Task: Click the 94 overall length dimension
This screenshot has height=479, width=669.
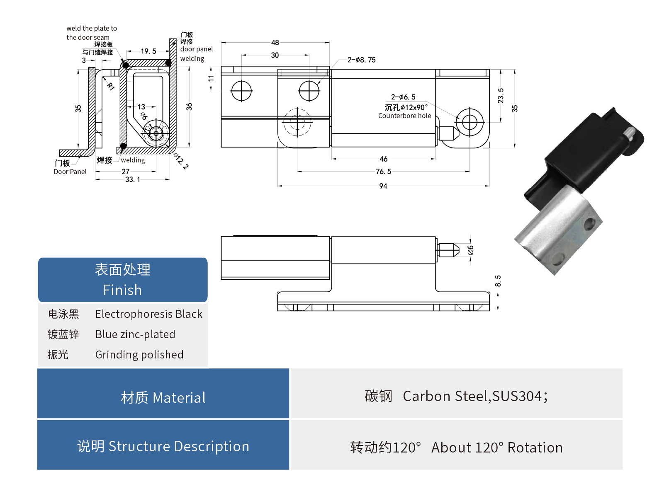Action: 383,186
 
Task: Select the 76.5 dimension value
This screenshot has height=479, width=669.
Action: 383,172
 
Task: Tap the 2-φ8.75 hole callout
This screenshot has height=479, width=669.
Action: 361,60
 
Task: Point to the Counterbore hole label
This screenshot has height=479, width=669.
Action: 404,116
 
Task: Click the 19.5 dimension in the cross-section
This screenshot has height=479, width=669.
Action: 148,51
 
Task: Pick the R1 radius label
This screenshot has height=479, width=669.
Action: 111,86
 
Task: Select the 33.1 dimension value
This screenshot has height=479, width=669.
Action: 133,179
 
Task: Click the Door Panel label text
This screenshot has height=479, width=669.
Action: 70,172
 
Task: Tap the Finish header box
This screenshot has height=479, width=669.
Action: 123,280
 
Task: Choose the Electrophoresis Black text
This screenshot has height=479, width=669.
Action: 148,314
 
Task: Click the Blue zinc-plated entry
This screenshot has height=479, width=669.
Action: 135,334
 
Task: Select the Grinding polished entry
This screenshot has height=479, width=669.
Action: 139,355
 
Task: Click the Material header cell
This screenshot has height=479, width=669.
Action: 163,398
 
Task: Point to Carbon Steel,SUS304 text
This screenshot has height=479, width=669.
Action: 475,397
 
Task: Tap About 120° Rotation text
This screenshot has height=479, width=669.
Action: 497,448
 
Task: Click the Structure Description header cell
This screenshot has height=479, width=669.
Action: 163,446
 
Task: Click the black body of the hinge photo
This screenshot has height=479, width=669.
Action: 581,157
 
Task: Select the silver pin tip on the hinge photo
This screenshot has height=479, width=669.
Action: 629,133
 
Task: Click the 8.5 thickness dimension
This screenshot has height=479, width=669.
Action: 498,281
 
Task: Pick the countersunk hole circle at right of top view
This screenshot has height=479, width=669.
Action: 470,122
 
